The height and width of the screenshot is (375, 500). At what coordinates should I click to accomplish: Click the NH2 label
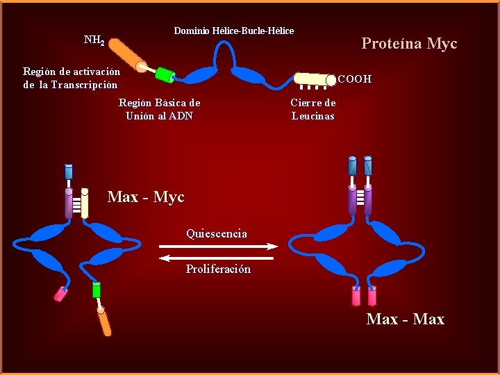pyautogui.click(x=94, y=40)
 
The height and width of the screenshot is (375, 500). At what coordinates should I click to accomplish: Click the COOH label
pyautogui.click(x=354, y=79)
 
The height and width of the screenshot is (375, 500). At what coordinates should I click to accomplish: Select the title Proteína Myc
pyautogui.click(x=409, y=44)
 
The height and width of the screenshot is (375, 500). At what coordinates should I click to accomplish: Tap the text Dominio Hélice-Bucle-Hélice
pyautogui.click(x=233, y=31)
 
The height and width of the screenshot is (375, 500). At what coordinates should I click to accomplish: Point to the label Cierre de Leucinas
pyautogui.click(x=312, y=109)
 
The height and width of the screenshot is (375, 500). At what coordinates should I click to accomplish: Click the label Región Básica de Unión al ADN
pyautogui.click(x=159, y=109)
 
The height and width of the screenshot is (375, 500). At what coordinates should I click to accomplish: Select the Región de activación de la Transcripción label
pyautogui.click(x=71, y=78)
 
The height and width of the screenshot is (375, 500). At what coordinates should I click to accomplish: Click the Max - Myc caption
pyautogui.click(x=146, y=197)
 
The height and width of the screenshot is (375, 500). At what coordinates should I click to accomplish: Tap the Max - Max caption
pyautogui.click(x=405, y=319)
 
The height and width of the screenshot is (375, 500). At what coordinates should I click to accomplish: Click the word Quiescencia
pyautogui.click(x=216, y=233)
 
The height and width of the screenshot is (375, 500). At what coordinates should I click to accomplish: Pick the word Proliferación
pyautogui.click(x=218, y=269)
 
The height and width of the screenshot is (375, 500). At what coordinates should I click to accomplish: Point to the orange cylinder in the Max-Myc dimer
pyautogui.click(x=104, y=321)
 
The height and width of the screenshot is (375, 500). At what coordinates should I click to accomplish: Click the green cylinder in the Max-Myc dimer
pyautogui.click(x=97, y=290)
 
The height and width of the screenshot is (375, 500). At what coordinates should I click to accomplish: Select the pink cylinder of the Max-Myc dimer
pyautogui.click(x=60, y=294)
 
